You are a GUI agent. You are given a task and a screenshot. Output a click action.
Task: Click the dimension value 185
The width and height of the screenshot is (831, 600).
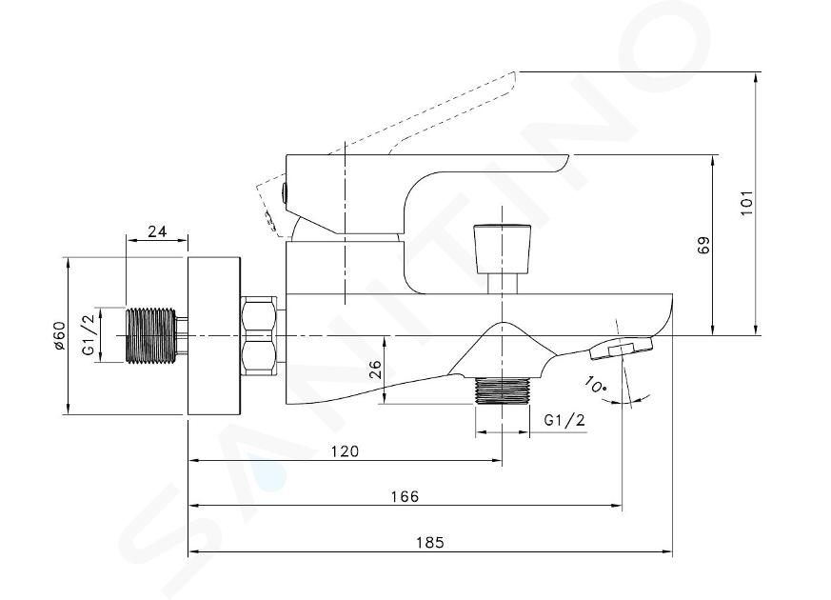click(430, 543)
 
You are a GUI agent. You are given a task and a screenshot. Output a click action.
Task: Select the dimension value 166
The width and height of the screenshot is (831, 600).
click(405, 496)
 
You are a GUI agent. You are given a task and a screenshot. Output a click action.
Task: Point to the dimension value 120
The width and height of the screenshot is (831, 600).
click(345, 451)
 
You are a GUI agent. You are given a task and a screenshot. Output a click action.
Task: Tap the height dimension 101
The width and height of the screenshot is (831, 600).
click(747, 203)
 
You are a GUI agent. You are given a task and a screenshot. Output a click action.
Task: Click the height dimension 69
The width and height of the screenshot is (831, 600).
click(703, 245)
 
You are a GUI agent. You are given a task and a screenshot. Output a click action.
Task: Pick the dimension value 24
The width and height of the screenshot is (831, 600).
click(157, 231)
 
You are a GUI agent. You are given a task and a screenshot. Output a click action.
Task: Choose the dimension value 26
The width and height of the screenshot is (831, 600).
click(375, 369)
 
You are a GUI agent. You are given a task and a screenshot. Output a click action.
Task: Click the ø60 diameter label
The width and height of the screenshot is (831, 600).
click(58, 335)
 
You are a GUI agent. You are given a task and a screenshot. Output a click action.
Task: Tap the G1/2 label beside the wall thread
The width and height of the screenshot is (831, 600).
click(89, 334)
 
